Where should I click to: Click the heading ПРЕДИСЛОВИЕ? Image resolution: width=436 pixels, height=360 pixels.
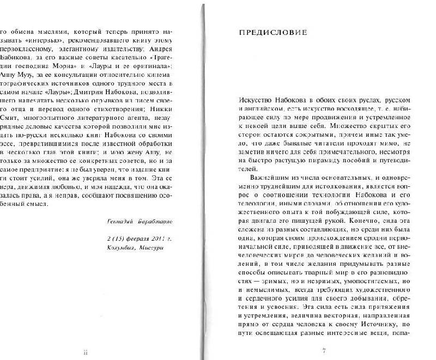[272, 33]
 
